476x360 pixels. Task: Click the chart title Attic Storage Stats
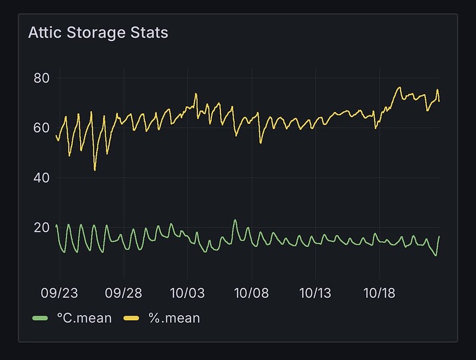(x=98, y=32)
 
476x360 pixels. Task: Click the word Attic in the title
(x=44, y=32)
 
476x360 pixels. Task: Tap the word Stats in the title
(x=150, y=32)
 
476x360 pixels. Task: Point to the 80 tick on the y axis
(x=42, y=78)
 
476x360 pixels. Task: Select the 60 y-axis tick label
(x=42, y=128)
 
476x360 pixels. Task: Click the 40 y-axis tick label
(x=42, y=178)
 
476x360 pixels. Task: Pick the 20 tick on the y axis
(x=42, y=228)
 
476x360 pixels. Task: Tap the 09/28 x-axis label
(x=124, y=292)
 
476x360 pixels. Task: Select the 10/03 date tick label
(x=187, y=292)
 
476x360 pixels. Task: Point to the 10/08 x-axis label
(x=252, y=292)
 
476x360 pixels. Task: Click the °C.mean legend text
(x=84, y=318)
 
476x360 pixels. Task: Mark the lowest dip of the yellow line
(x=95, y=170)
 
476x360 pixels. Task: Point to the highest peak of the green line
(x=235, y=220)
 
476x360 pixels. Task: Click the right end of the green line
(x=439, y=236)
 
